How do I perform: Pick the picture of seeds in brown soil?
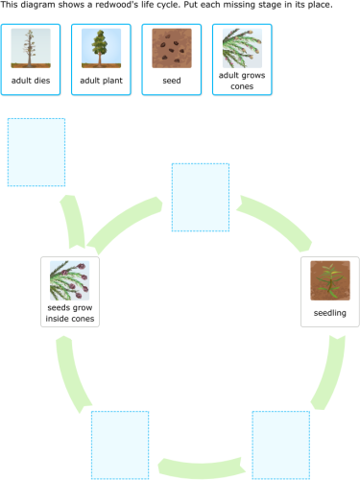[x=171, y=47]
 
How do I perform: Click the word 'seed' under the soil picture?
[x=171, y=81]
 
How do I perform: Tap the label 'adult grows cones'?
[x=241, y=81]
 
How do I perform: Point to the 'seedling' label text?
[x=329, y=313]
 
